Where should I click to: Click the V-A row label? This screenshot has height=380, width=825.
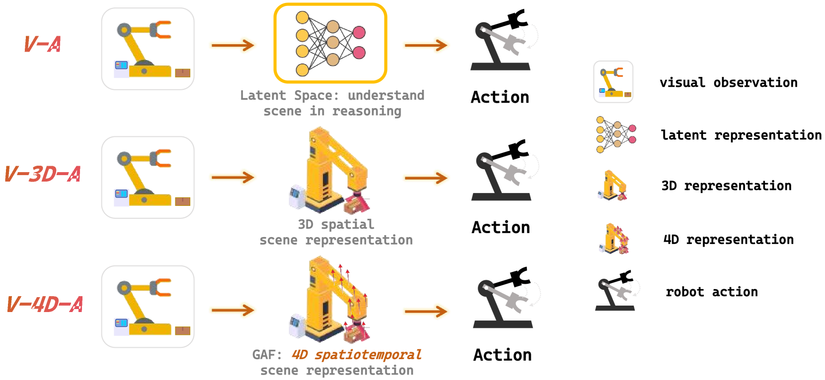(x=43, y=44)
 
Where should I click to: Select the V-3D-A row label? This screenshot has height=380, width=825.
(x=43, y=174)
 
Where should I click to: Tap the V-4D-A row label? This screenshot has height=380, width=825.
(x=45, y=304)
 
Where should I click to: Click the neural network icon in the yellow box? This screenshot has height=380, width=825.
(x=330, y=43)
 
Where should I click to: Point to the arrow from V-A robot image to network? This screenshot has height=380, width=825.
(x=232, y=45)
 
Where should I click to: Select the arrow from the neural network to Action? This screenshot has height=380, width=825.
(x=426, y=45)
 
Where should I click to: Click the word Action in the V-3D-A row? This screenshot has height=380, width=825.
(x=501, y=227)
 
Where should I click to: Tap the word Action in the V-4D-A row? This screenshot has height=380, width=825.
(x=502, y=355)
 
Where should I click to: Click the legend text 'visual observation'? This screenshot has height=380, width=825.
(x=728, y=82)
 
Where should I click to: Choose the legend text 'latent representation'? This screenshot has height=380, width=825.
(x=741, y=135)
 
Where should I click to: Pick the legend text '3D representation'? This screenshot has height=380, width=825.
(x=726, y=186)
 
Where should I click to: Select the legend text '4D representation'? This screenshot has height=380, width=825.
(x=728, y=240)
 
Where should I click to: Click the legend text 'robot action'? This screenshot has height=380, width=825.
(x=711, y=292)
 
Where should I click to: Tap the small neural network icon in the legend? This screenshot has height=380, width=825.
(x=615, y=134)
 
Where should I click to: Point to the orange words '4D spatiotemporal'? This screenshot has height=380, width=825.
(x=356, y=355)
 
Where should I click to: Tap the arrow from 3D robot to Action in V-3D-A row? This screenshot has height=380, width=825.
(x=426, y=178)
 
